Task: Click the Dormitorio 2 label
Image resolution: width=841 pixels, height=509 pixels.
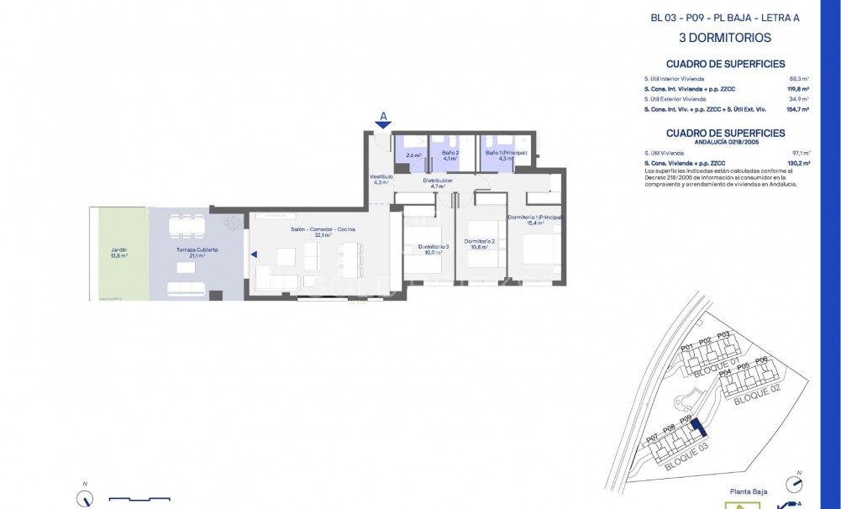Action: point(481,244)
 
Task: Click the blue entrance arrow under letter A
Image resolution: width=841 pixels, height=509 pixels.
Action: point(383,125)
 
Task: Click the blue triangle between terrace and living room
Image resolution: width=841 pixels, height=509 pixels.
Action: point(253,254)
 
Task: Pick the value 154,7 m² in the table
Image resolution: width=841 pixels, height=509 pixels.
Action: point(797,109)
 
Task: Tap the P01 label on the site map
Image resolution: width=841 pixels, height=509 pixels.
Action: point(686,346)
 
